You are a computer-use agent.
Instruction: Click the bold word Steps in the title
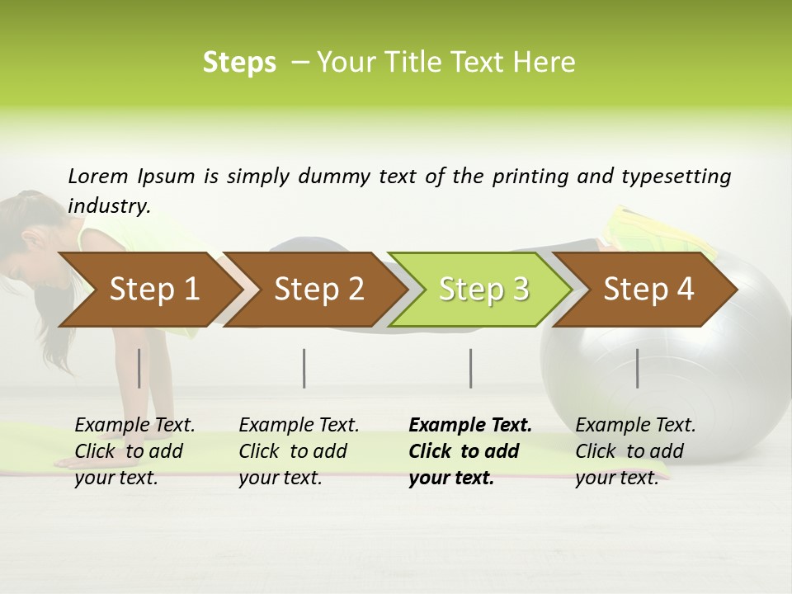tap(239, 63)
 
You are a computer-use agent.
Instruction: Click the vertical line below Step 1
tap(139, 368)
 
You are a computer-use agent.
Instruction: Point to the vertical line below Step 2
tap(304, 368)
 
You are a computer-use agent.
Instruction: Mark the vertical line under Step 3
tap(471, 368)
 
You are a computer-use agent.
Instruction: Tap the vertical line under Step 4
tap(637, 368)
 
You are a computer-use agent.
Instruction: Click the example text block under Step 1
tap(134, 451)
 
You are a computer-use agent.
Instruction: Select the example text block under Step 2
tap(299, 451)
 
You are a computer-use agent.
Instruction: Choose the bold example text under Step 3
tap(470, 451)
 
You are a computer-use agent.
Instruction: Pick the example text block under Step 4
tap(635, 451)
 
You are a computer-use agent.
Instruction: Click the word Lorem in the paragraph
tap(98, 176)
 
